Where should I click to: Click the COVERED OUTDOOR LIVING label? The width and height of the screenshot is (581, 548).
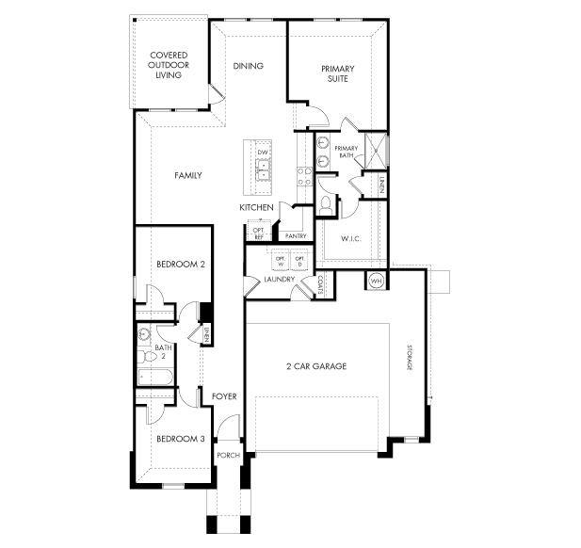169,66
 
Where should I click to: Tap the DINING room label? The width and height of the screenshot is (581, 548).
249,66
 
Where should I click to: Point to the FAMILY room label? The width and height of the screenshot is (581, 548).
187,175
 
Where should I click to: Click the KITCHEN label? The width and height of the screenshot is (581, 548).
256,207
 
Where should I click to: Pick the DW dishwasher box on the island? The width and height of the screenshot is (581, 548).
264,153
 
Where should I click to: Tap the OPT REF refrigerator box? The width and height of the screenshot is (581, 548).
258,233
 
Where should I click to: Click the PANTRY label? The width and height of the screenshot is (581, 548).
296,236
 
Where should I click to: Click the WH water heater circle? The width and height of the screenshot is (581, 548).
376,281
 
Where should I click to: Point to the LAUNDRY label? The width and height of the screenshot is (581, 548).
279,280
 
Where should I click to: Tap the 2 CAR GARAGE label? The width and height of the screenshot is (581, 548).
315,366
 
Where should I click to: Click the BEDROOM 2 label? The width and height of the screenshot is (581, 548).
181,265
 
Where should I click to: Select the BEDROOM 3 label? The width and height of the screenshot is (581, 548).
181,439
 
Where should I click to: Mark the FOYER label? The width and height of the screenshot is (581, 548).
224,396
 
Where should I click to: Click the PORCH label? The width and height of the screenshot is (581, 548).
229,456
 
